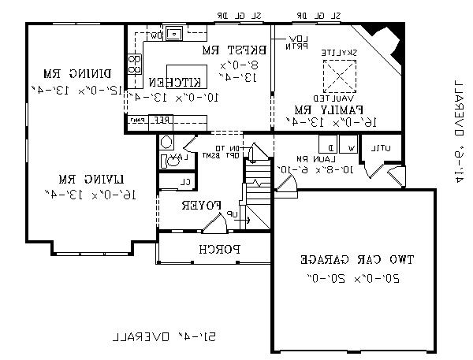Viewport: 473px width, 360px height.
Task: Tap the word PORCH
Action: pyautogui.click(x=214, y=249)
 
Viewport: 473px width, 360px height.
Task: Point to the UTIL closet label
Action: pyautogui.click(x=382, y=148)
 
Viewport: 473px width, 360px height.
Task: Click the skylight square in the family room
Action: pyautogui.click(x=340, y=77)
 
